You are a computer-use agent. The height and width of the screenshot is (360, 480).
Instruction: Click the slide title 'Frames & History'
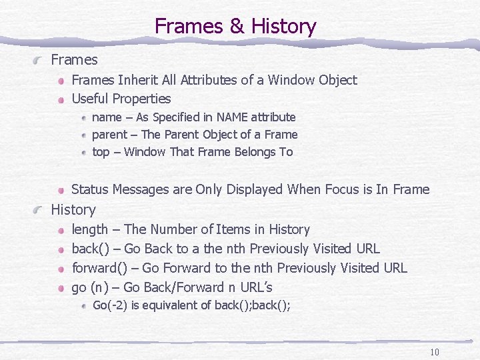pos(235,27)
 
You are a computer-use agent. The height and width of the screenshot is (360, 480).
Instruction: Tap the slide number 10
pos(435,353)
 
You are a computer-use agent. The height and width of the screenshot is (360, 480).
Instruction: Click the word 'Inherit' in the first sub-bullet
pos(140,80)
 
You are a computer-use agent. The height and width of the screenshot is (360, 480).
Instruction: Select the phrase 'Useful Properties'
pos(121,99)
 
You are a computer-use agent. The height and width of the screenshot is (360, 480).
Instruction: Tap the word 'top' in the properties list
pos(101,152)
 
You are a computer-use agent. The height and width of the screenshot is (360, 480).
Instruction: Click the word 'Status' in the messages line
pos(91,189)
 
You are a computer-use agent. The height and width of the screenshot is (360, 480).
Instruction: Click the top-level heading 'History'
pos(73,209)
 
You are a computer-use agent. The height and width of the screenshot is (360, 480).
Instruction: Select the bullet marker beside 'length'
pos(61,230)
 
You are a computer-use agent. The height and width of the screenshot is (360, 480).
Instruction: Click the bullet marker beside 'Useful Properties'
pos(61,99)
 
